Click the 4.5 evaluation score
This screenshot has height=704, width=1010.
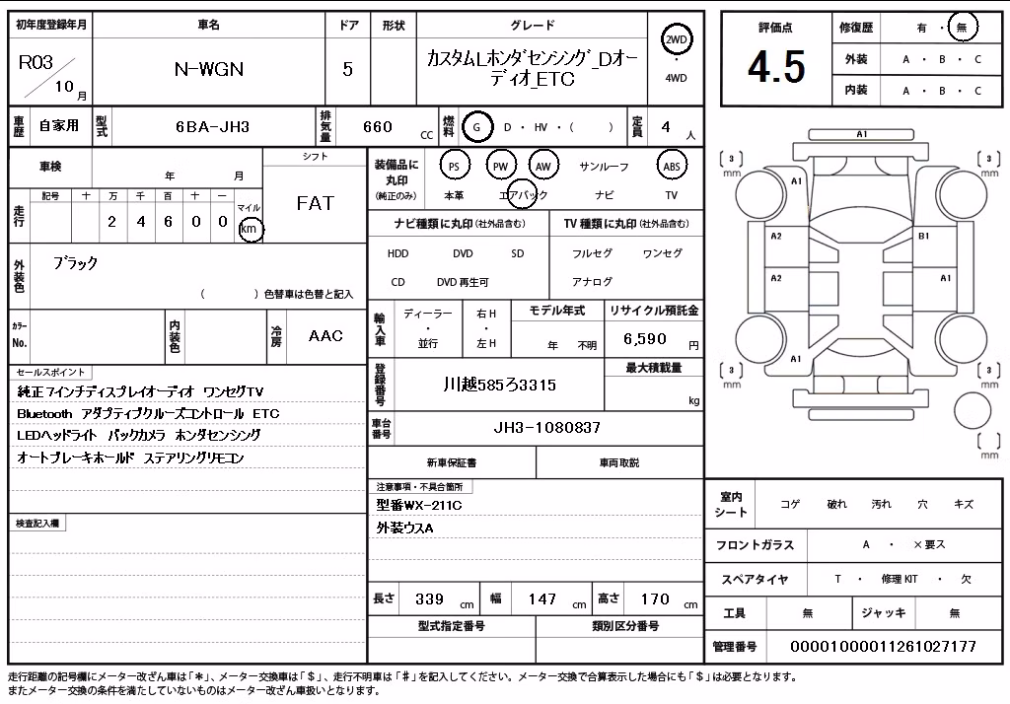pyautogui.click(x=776, y=67)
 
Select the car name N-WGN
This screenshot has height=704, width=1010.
pyautogui.click(x=209, y=69)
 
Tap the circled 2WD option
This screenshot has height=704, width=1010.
pyautogui.click(x=676, y=40)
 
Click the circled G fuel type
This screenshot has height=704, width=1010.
pyautogui.click(x=476, y=127)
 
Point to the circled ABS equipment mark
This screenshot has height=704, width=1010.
pyautogui.click(x=671, y=167)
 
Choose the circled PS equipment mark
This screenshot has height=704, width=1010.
pyautogui.click(x=454, y=167)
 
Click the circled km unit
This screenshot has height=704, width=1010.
pyautogui.click(x=250, y=229)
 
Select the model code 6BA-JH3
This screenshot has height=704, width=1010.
pyautogui.click(x=213, y=127)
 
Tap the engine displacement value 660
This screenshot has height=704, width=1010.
pyautogui.click(x=378, y=127)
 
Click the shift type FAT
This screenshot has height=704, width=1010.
pyautogui.click(x=315, y=203)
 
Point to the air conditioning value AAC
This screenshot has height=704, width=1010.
pyautogui.click(x=325, y=335)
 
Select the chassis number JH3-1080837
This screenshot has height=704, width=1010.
pyautogui.click(x=546, y=427)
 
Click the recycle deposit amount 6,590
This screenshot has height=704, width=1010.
pyautogui.click(x=645, y=339)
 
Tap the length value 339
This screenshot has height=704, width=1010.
pyautogui.click(x=429, y=599)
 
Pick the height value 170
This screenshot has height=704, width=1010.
pyautogui.click(x=655, y=599)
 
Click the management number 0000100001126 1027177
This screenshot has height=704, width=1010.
pyautogui.click(x=883, y=646)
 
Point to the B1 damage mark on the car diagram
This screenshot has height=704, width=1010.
pyautogui.click(x=923, y=236)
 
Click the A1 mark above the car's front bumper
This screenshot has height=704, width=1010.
pyautogui.click(x=861, y=134)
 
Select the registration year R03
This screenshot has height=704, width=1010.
pyautogui.click(x=36, y=62)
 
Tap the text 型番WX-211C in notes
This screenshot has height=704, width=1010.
pyautogui.click(x=418, y=505)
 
